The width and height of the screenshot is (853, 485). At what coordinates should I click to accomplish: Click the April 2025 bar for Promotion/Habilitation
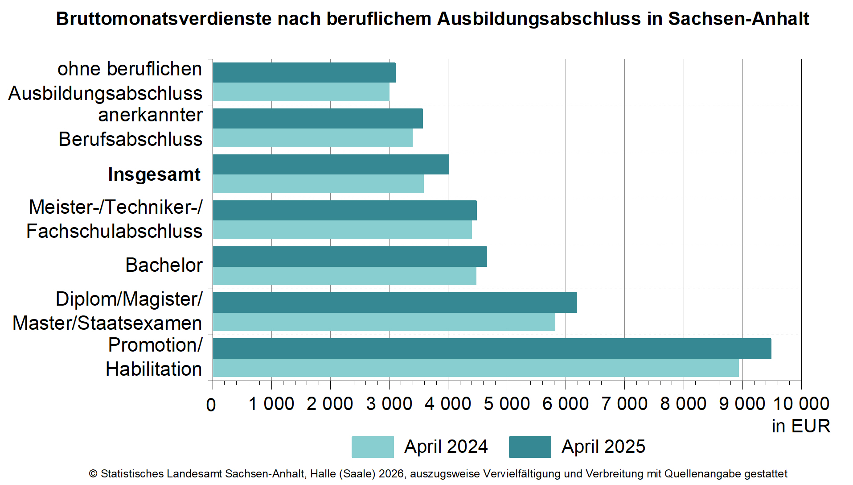pyautogui.click(x=492, y=348)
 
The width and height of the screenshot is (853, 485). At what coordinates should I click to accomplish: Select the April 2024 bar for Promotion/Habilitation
pyautogui.click(x=476, y=368)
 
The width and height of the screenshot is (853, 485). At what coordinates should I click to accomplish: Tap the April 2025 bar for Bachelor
pyautogui.click(x=350, y=257)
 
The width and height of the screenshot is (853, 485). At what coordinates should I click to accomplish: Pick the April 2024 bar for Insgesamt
pyautogui.click(x=318, y=184)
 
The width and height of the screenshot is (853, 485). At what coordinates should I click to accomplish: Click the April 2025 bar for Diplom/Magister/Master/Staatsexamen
pyautogui.click(x=395, y=303)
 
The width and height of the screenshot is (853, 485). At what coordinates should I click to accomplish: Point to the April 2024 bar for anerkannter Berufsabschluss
pyautogui.click(x=312, y=138)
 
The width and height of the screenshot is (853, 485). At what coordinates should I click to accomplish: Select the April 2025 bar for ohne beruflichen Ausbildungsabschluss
pyautogui.click(x=304, y=73)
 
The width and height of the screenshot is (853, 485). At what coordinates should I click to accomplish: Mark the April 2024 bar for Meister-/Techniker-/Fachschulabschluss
pyautogui.click(x=342, y=230)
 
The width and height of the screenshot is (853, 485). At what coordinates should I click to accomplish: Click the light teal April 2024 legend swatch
pyautogui.click(x=373, y=447)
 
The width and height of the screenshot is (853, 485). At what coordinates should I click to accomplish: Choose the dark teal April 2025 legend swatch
pyautogui.click(x=530, y=447)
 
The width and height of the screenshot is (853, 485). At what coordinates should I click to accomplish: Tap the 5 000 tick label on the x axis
pyautogui.click(x=507, y=404)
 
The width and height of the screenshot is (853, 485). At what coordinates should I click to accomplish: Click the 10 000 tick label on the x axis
pyautogui.click(x=800, y=404)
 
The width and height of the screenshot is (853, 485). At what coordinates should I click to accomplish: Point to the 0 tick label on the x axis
pyautogui.click(x=211, y=405)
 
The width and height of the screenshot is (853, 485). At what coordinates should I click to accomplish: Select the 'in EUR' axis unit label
pyautogui.click(x=801, y=426)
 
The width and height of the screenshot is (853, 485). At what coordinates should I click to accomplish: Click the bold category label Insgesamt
pyautogui.click(x=154, y=174)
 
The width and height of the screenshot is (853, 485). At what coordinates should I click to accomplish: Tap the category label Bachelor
pyautogui.click(x=164, y=265)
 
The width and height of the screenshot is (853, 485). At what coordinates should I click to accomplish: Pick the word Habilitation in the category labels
pyautogui.click(x=154, y=369)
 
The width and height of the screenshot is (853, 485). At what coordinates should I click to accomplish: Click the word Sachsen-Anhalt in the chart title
pyautogui.click(x=738, y=19)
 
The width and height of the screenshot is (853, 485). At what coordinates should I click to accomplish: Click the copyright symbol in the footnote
pyautogui.click(x=93, y=474)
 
